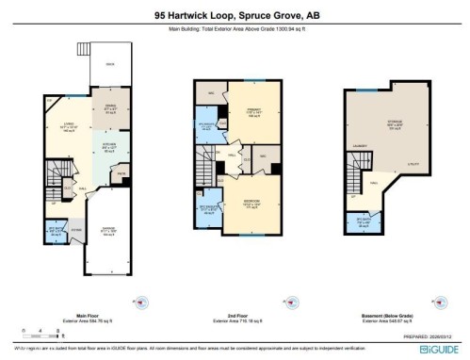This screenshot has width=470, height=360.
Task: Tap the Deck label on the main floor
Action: click(x=110, y=65)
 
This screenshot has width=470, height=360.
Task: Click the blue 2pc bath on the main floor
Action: click(x=57, y=232)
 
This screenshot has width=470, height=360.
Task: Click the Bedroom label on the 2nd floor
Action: click(x=253, y=204)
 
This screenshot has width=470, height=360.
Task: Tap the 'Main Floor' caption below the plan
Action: click(x=91, y=317)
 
